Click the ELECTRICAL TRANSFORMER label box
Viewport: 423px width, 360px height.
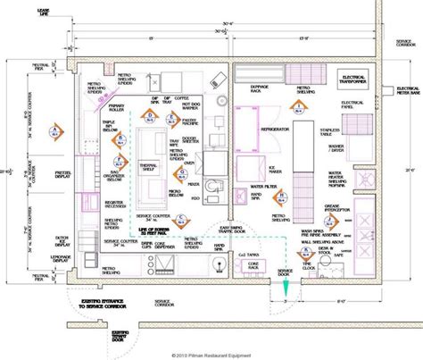tap(355, 80)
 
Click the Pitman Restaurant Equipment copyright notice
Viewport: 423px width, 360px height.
tap(211, 354)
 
